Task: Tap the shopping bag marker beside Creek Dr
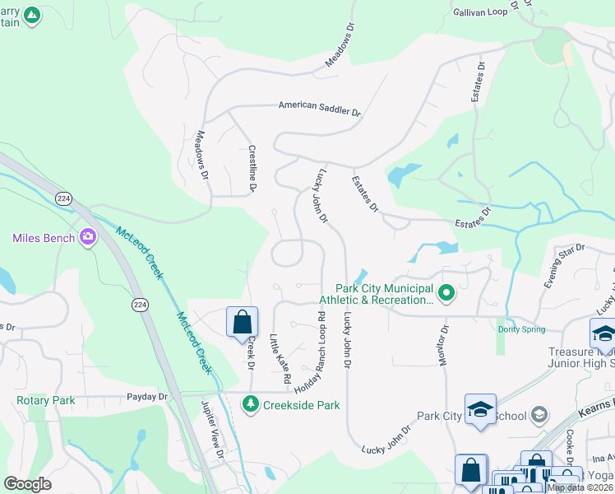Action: (x=243, y=321)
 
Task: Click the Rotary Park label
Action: (x=45, y=401)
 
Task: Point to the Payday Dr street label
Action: (x=148, y=397)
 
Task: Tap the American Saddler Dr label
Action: (x=319, y=107)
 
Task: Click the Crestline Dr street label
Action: (x=252, y=170)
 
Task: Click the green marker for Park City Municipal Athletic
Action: (x=446, y=292)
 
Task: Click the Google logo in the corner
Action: (x=29, y=483)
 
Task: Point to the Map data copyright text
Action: (x=579, y=487)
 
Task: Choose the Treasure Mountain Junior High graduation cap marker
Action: (x=603, y=333)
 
